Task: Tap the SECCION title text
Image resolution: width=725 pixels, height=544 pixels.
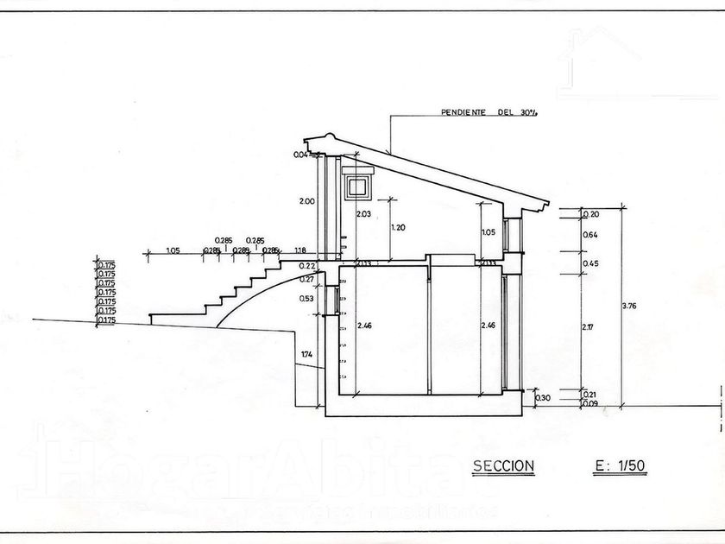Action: point(504,467)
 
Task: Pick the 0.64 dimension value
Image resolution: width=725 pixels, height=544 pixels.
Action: point(590,234)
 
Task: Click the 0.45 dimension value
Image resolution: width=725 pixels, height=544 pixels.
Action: point(591,263)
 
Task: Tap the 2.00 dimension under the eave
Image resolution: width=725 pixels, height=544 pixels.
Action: point(306,200)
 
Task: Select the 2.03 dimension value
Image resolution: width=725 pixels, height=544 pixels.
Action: point(362,214)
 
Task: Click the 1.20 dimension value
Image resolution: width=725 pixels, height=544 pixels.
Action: point(399,227)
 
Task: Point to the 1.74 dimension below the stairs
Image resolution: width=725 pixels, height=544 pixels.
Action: point(307,355)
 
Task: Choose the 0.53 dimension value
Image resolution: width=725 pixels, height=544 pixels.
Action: point(307,299)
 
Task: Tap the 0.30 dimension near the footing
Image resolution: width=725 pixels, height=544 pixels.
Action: point(542,398)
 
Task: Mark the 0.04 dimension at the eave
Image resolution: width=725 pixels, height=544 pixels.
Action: point(300,155)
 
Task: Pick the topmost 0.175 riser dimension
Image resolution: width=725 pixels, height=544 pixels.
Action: point(107,264)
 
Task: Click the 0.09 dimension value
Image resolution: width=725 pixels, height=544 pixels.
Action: point(590,404)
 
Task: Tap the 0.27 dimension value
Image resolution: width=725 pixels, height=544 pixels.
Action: point(307,279)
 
